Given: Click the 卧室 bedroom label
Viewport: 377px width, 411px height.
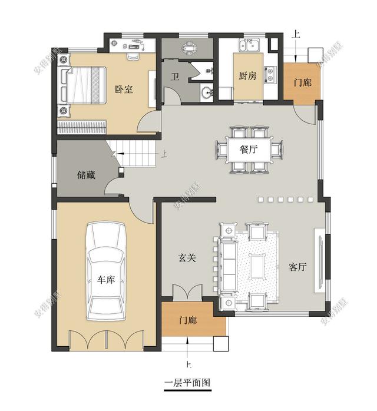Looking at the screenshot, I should coord(124,90).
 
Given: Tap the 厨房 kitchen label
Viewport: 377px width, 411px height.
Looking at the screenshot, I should coord(247,76).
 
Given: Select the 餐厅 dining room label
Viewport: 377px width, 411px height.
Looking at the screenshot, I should coord(247,149).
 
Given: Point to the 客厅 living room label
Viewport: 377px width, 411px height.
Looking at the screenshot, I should coord(298,267).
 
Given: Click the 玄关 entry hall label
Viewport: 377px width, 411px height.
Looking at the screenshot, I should coord(187,257).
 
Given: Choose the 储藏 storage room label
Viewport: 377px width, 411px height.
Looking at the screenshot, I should coord(86,175).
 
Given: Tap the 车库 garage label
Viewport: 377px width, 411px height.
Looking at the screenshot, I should coord(106,279).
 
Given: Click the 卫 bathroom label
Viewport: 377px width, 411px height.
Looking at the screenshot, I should coord(175,77).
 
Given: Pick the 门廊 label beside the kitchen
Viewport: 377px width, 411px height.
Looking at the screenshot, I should coord(302,83).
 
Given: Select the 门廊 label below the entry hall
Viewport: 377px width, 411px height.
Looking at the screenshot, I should coord(188,321).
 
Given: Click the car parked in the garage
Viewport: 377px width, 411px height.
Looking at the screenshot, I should coord(107,271).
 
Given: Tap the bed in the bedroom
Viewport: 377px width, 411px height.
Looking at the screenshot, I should coord(82,85).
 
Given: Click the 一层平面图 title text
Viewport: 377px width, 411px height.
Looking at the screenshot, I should coord(187,382).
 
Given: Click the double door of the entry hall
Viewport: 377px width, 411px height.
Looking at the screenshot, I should coord(187,293).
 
